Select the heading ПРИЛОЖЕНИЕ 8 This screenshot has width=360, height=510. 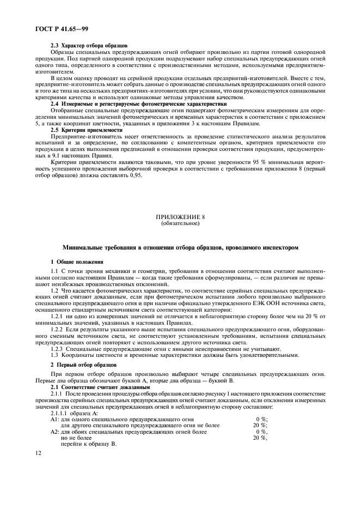[x=180, y=217]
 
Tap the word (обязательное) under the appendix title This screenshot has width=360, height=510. [x=180, y=223]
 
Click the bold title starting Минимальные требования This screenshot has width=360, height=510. [x=180, y=247]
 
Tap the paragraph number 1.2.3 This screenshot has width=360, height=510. [x=59, y=349]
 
